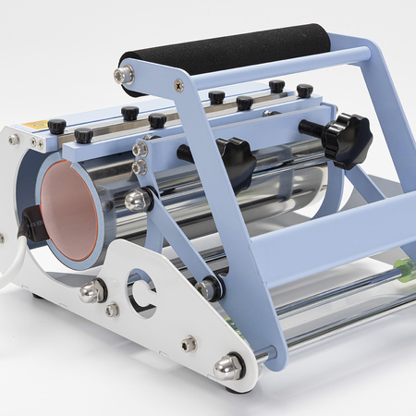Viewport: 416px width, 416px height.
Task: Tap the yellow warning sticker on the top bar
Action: (34, 125)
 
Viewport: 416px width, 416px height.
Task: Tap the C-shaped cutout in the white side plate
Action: (141, 289)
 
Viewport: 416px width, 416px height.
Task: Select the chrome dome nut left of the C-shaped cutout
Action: (92, 292)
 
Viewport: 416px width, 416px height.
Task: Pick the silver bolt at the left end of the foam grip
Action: (123, 75)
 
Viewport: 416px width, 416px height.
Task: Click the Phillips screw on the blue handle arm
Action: (178, 85)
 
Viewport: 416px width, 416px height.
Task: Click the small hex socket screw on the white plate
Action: (189, 344)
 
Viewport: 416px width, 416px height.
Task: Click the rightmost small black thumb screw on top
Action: (304, 91)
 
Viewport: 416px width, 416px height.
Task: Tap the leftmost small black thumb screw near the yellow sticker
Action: (57, 126)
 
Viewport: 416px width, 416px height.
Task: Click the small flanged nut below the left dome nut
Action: (112, 311)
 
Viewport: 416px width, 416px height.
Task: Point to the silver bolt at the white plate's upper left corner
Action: (14, 140)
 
